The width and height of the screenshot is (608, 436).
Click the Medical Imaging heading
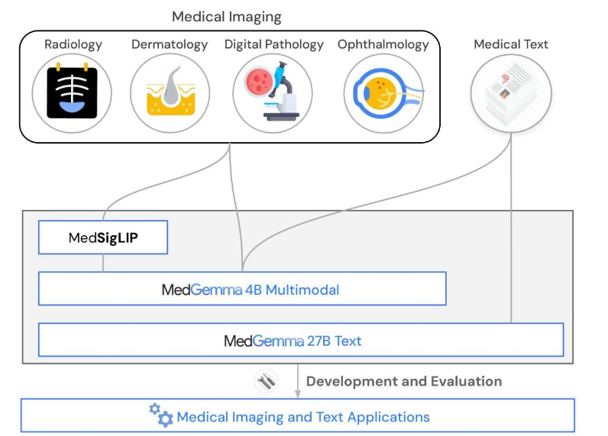pos(226,16)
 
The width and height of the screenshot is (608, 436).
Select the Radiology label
pos(73,44)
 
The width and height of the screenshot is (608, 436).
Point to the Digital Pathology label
pos(273,44)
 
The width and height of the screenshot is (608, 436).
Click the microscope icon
pos(273,93)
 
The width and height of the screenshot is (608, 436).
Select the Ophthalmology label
pos(383,44)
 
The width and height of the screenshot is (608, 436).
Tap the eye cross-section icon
pos(383,93)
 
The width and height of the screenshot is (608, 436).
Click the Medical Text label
pos(511,44)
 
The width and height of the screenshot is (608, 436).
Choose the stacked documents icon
pos(511,93)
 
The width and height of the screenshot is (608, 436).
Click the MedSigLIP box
pos(103,238)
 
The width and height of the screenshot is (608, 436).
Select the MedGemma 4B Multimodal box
pos(242,289)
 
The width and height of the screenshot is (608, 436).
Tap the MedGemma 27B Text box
pos(300,341)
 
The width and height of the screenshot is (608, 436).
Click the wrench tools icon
pos(266,381)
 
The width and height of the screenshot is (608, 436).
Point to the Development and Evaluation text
pos(404,381)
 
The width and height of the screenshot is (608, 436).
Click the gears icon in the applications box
pos(160,415)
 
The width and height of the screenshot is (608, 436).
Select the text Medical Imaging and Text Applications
pos(303,417)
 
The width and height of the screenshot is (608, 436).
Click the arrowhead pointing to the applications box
pos(299,394)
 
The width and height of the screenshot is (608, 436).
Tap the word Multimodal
pos(302,290)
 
